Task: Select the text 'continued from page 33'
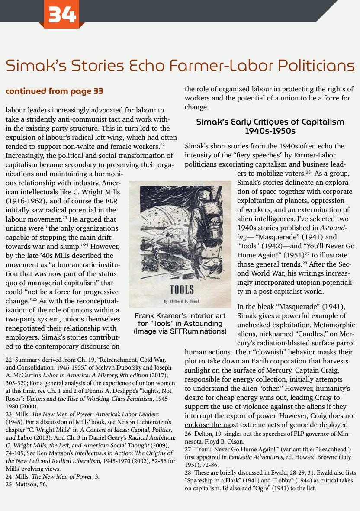(x=55, y=91)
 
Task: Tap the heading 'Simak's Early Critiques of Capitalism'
(x=270, y=122)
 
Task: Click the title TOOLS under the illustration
(x=181, y=289)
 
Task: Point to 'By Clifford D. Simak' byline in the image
(x=181, y=300)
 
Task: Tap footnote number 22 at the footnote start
(x=8, y=359)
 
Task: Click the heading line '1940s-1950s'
(x=270, y=130)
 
